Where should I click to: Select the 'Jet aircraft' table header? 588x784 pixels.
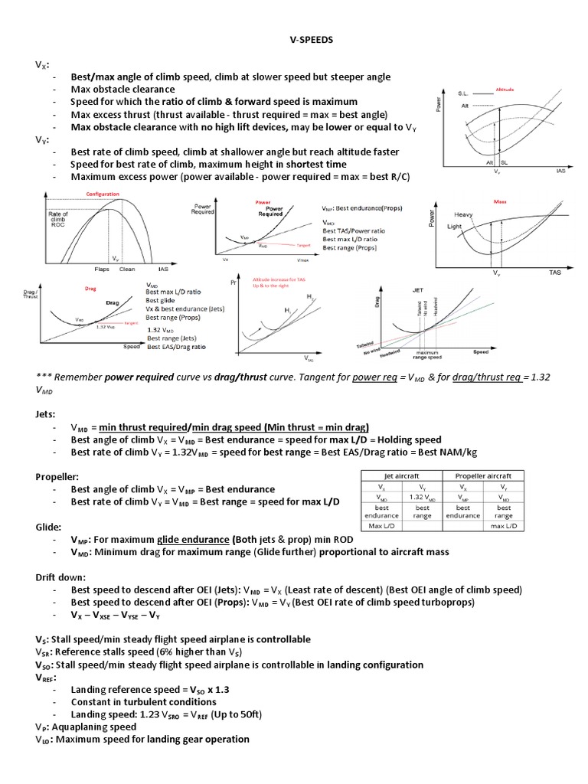pyautogui.click(x=401, y=475)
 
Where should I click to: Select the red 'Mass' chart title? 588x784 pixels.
pyautogui.click(x=501, y=201)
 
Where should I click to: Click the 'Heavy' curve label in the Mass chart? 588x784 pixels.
pyautogui.click(x=464, y=214)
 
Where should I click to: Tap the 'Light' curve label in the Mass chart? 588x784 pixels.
pyautogui.click(x=454, y=227)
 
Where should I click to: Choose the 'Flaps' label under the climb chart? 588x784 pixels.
pyautogui.click(x=103, y=269)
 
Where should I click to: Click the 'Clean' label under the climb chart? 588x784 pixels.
pyautogui.click(x=128, y=269)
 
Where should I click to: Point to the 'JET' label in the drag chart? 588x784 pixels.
pyautogui.click(x=418, y=290)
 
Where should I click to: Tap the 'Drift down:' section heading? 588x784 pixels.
pyautogui.click(x=61, y=577)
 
